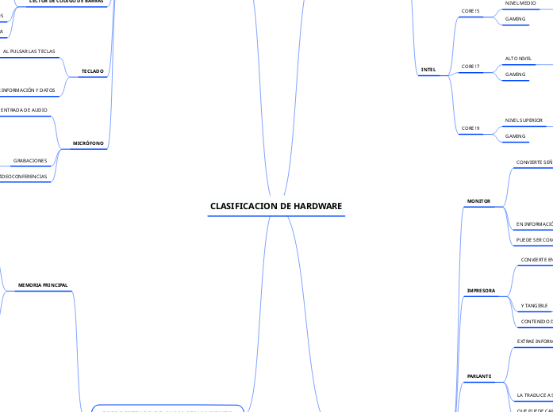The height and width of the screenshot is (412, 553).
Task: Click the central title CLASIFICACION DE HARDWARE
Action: pos(276,206)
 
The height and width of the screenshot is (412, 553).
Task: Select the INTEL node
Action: pos(428,70)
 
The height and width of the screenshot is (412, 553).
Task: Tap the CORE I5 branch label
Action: pos(470,11)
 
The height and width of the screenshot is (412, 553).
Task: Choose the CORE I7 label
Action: pos(470,67)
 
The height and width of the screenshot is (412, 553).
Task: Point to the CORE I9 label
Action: pos(470,128)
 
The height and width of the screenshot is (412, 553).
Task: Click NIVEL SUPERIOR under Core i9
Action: pos(524,120)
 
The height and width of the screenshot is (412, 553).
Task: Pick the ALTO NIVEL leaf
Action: pos(519,59)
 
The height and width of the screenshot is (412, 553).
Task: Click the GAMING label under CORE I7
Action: pos(516,74)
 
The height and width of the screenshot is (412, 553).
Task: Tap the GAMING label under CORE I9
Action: pos(516,136)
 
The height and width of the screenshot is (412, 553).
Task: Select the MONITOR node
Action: pos(478,201)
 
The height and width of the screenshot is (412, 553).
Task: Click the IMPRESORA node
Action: pos(481,291)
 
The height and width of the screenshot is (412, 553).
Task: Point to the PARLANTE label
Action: pos(479,376)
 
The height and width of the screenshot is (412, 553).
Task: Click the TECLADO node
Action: pos(93,71)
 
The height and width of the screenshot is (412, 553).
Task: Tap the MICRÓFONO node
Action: pos(88,143)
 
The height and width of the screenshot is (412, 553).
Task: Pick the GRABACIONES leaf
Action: pos(30,161)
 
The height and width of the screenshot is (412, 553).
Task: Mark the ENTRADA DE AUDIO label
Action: pos(24,110)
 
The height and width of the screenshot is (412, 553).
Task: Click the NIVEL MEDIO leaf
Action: pos(520,3)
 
